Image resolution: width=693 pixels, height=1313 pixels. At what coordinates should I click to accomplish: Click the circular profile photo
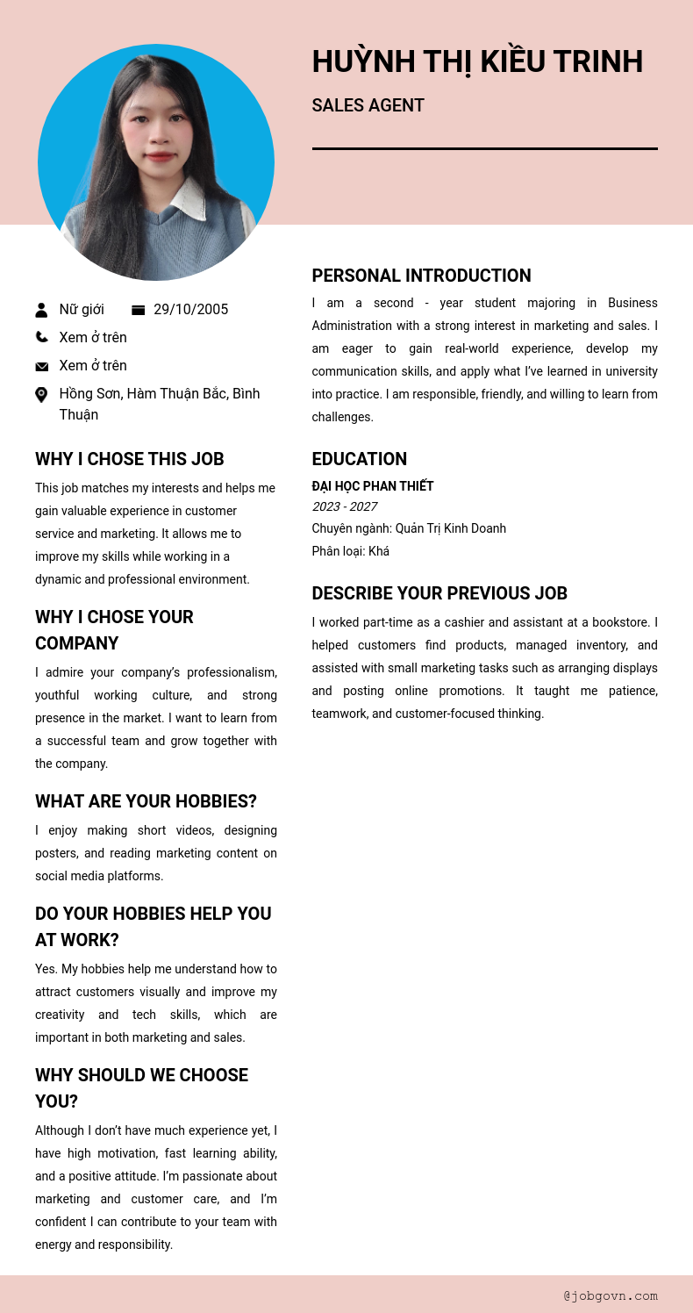coord(156,162)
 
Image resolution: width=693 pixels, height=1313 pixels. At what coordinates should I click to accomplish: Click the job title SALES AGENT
coord(368,105)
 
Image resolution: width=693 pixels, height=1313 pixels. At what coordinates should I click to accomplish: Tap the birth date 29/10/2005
coord(190,309)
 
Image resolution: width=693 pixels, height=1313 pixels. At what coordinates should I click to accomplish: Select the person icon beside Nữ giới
coord(41,310)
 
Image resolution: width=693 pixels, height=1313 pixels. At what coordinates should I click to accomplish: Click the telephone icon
coord(41,337)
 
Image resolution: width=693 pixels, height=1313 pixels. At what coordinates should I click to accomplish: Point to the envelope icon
coord(41,366)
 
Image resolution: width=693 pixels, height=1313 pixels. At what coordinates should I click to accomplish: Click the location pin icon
coord(41,395)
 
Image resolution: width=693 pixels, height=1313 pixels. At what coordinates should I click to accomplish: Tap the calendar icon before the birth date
coord(138,310)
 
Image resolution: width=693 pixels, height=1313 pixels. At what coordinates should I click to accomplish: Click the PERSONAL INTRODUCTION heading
coord(421,276)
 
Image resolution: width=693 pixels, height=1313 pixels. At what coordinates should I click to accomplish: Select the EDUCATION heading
coord(359,459)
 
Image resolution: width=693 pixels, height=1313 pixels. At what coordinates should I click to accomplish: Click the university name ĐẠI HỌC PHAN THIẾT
coord(373,486)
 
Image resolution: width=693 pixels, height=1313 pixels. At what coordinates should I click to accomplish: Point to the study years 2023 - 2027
coord(344,506)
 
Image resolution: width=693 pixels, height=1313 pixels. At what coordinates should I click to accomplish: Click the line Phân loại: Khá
coord(350,551)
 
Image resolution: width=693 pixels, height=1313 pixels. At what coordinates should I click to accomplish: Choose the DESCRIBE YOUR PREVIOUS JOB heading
coord(439,593)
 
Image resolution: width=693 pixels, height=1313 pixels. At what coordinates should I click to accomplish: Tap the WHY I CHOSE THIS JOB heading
coord(129,459)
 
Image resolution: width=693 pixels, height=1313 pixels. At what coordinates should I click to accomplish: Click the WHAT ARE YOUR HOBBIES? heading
coord(146,801)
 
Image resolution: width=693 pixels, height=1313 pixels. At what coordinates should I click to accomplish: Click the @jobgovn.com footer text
coord(611,1295)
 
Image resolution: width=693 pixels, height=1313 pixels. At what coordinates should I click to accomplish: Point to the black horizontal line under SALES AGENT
coord(484,148)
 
